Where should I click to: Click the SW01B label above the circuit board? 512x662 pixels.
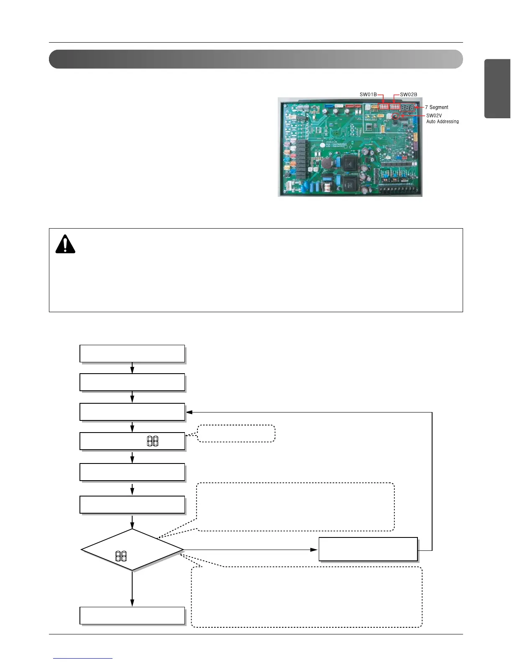click(368, 94)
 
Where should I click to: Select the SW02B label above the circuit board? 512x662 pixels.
click(408, 94)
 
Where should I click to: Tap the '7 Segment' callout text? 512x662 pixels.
click(436, 107)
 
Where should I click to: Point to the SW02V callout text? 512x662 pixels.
click(434, 116)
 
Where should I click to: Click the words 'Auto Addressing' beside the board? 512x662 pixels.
click(442, 122)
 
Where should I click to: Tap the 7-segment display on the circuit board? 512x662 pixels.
click(407, 107)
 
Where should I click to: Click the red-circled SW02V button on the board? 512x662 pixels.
click(394, 116)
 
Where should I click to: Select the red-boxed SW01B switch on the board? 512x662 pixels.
click(383, 107)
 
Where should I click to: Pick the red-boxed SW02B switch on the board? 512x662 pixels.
click(394, 107)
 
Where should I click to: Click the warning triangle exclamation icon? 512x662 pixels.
click(65, 244)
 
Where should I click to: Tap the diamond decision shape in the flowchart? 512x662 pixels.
click(132, 550)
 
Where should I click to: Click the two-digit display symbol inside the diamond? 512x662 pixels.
click(121, 556)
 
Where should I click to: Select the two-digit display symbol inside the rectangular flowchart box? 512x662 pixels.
click(153, 441)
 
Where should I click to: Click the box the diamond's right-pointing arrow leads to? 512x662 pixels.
click(368, 549)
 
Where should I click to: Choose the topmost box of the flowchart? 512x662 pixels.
click(132, 354)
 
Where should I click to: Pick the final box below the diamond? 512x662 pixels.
click(132, 616)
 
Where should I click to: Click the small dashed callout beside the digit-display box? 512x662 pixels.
click(236, 433)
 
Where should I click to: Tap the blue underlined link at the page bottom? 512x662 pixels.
click(83, 658)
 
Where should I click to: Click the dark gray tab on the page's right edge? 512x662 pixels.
click(497, 89)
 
